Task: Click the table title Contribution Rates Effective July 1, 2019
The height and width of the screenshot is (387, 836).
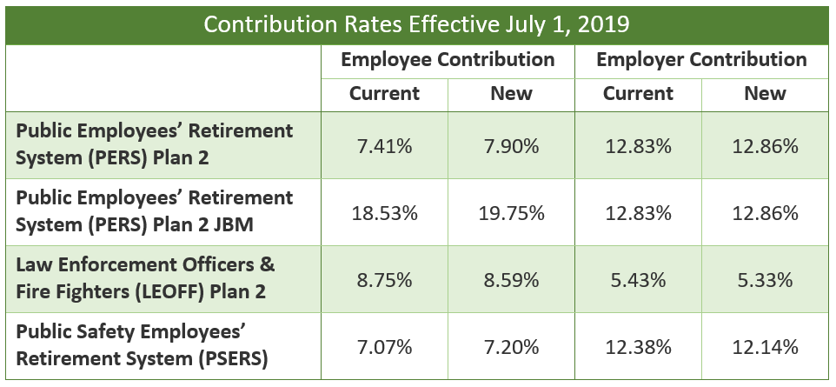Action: (x=417, y=23)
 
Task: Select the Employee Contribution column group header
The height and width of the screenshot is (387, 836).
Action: (x=448, y=60)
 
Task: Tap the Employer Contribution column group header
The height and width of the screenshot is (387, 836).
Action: (x=702, y=60)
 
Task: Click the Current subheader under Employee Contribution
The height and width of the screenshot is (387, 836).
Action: (x=384, y=93)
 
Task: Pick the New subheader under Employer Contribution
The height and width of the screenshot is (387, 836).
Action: (x=765, y=93)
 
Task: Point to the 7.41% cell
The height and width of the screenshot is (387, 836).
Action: (x=384, y=146)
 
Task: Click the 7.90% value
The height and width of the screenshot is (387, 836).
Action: (x=511, y=146)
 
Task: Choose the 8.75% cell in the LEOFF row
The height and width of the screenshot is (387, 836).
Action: (x=384, y=281)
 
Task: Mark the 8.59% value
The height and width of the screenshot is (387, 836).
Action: (x=511, y=281)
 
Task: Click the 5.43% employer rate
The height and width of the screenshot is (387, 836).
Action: (x=638, y=281)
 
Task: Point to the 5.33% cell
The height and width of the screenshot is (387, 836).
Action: (x=765, y=281)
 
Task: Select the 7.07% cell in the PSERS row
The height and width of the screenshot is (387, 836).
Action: (x=384, y=348)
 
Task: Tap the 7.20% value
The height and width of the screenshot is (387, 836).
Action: (x=511, y=348)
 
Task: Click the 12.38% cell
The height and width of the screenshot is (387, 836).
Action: (x=638, y=348)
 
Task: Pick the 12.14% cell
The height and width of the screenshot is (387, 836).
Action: (x=765, y=348)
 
